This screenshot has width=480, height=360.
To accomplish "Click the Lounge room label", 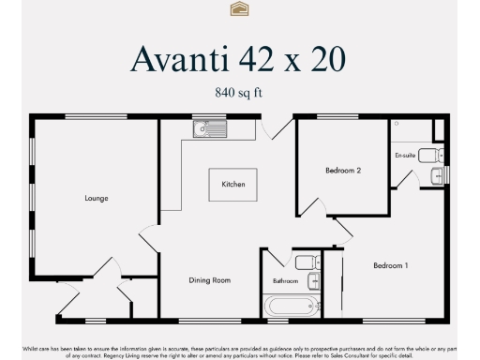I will (x=97, y=198).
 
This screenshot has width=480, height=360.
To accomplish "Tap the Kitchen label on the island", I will (x=233, y=185).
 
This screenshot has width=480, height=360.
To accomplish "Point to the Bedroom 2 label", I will (x=343, y=171).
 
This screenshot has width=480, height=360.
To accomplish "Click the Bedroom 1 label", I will (x=391, y=265).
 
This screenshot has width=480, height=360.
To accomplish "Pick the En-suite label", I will (x=405, y=155).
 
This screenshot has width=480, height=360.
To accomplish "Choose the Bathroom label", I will (x=285, y=281).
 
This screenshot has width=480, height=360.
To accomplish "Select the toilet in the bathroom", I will (x=307, y=262).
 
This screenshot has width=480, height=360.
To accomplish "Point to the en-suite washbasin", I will (x=437, y=176).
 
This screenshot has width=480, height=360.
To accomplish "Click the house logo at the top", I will (x=239, y=8).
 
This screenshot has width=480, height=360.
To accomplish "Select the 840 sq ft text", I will (x=240, y=92).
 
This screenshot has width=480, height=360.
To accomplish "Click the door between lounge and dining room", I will (x=149, y=239).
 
